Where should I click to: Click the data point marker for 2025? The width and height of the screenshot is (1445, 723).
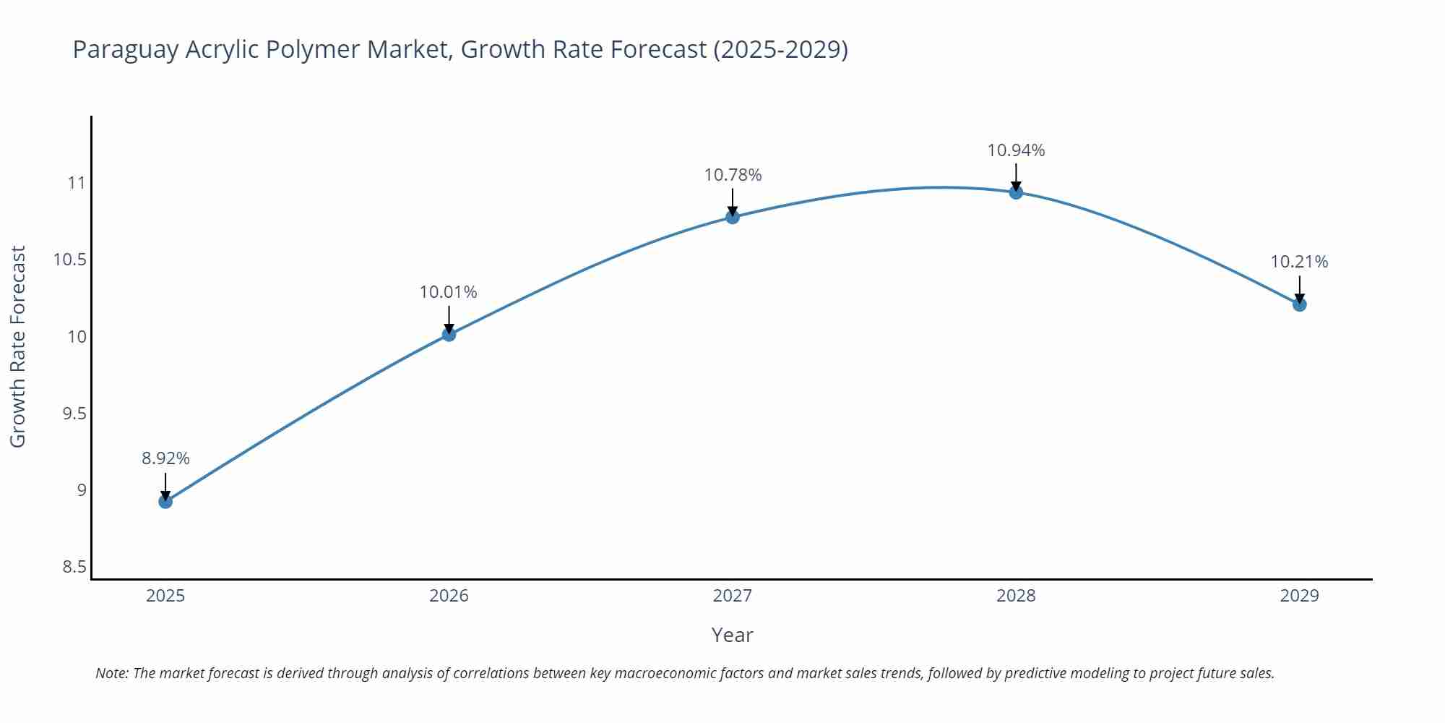[165, 501]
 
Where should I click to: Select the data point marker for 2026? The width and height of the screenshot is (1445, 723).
[449, 334]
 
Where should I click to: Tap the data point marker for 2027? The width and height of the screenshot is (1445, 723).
[733, 216]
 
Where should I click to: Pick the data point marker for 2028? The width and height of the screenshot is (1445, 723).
[1016, 192]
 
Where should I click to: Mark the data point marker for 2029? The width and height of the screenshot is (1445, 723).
[1299, 304]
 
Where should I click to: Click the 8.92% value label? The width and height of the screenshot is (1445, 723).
[165, 458]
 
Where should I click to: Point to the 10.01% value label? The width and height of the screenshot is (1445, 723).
[449, 292]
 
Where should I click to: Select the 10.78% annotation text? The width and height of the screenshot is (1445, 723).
[733, 175]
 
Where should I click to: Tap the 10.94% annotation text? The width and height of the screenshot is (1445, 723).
[1016, 150]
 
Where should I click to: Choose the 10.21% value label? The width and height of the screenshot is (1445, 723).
[1299, 262]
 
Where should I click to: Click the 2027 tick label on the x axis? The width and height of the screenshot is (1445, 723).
[733, 596]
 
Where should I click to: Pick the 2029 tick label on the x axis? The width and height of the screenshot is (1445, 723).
[1299, 596]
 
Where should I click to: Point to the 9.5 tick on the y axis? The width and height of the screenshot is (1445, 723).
[74, 414]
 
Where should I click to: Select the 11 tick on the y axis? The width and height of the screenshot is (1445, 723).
[77, 183]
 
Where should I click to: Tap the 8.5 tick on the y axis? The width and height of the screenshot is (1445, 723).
[74, 567]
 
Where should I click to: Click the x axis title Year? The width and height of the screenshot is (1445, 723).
[732, 635]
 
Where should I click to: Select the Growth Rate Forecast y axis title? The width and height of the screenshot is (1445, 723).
[18, 346]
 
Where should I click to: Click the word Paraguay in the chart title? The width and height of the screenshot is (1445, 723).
[126, 50]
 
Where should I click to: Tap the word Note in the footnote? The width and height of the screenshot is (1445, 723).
[111, 673]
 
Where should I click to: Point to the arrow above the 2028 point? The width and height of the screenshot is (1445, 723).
[1016, 176]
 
